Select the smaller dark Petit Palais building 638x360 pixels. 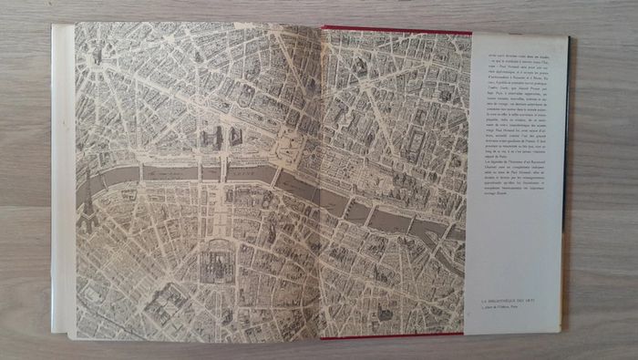235,137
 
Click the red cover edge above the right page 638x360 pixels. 392,29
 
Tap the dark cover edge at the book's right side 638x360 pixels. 567,182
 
